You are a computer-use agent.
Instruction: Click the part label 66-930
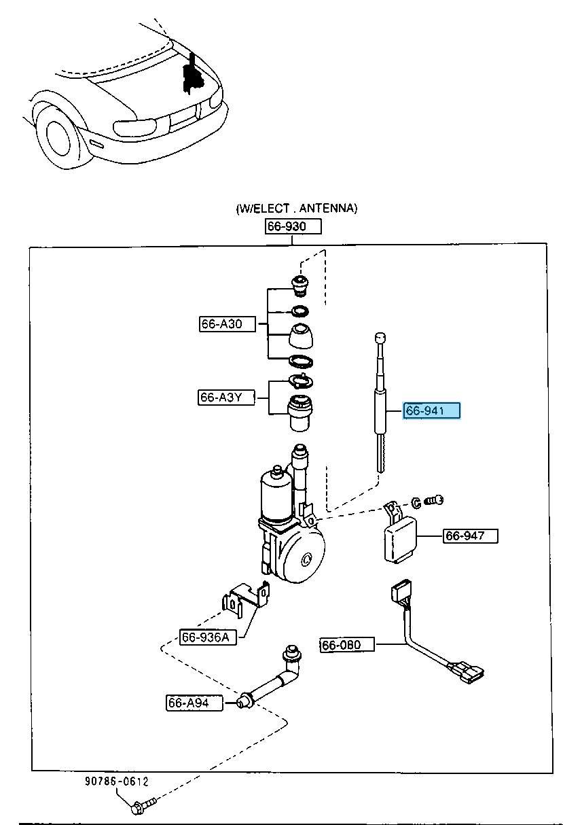pyautogui.click(x=293, y=226)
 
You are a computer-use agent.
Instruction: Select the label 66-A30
pyautogui.click(x=227, y=324)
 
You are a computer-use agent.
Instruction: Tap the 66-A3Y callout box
pyautogui.click(x=227, y=398)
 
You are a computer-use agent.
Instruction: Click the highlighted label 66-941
pyautogui.click(x=432, y=410)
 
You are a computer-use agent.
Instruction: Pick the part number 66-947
pyautogui.click(x=471, y=536)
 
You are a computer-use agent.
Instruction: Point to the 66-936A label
pyautogui.click(x=208, y=637)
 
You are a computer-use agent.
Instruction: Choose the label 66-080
pyautogui.click(x=348, y=644)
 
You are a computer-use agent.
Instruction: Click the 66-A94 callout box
pyautogui.click(x=194, y=703)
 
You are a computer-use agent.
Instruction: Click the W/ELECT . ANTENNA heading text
pyautogui.click(x=296, y=209)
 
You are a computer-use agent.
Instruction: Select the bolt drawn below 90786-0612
pyautogui.click(x=142, y=807)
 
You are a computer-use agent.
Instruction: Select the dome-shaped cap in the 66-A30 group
pyautogui.click(x=299, y=336)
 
